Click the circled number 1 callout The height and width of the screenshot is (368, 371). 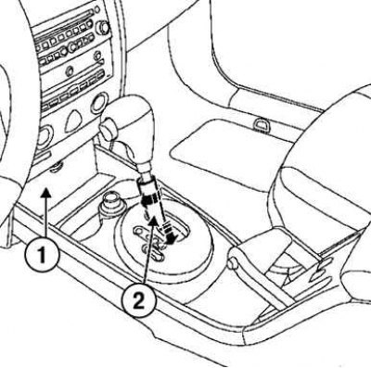coord(42,254)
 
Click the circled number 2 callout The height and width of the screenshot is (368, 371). coord(138,300)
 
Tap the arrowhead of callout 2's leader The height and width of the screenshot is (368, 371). coord(153,221)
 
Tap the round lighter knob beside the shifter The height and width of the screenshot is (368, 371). coord(112,202)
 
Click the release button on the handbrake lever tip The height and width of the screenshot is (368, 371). coord(233,263)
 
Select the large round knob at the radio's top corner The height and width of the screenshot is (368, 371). coord(103,28)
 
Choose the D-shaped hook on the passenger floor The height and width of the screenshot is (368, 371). coord(261,125)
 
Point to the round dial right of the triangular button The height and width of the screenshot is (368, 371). coord(99,103)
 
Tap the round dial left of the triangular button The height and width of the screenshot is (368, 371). coord(45,136)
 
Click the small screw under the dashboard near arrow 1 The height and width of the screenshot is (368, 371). coord(57,168)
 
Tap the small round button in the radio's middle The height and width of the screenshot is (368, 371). coord(69,72)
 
